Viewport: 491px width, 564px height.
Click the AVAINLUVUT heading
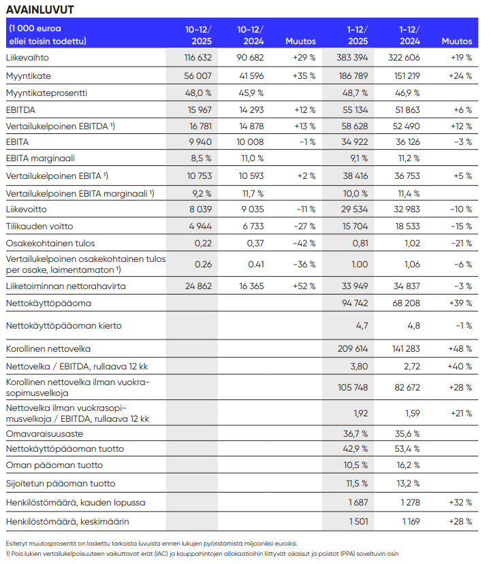40,10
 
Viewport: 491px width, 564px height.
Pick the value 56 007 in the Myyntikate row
198,76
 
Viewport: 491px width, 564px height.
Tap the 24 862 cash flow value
199,286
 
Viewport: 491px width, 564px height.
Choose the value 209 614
353,348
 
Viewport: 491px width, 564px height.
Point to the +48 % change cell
460,348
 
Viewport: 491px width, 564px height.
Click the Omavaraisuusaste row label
45,433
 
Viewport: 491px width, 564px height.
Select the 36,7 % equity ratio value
355,433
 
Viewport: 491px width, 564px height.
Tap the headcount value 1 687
358,502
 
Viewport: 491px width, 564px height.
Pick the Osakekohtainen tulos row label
50,243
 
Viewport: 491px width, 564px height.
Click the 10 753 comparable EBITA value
199,176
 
